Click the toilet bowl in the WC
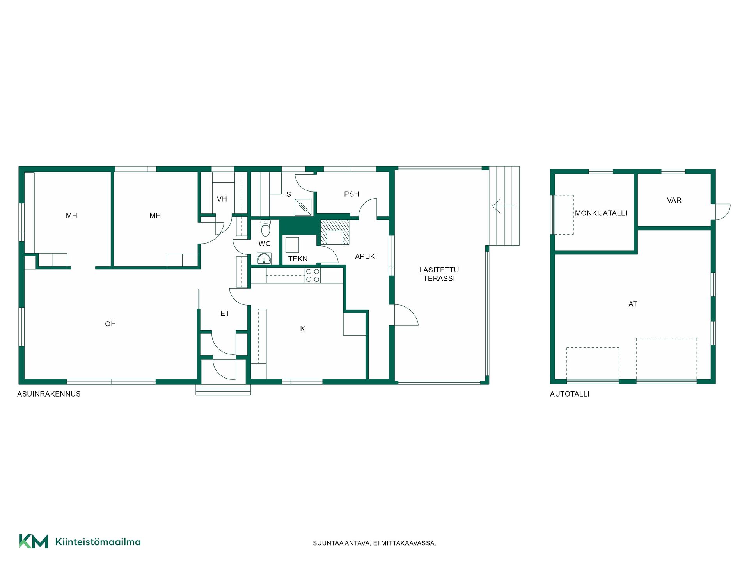tap(266, 228)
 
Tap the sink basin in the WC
tap(264, 258)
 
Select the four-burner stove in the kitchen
tap(312, 275)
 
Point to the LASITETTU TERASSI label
tap(439, 274)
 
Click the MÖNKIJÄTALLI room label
tap(601, 213)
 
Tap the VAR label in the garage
tap(674, 200)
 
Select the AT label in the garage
tap(633, 304)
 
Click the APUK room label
tap(365, 256)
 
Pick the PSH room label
tap(351, 194)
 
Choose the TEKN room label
tap(298, 259)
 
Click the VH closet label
tap(222, 199)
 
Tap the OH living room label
tap(110, 324)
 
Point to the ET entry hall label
tap(225, 313)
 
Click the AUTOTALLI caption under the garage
tap(570, 394)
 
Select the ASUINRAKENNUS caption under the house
tap(49, 394)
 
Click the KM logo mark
tap(34, 541)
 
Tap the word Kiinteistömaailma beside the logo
tap(98, 542)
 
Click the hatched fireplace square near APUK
tap(335, 232)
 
